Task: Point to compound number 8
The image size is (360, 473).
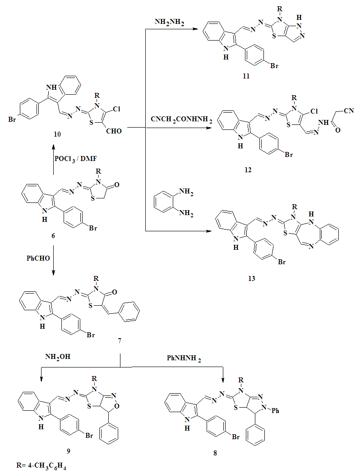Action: pyautogui.click(x=215, y=453)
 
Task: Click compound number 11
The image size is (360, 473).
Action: pyautogui.click(x=246, y=77)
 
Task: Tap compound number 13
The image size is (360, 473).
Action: pyautogui.click(x=251, y=279)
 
